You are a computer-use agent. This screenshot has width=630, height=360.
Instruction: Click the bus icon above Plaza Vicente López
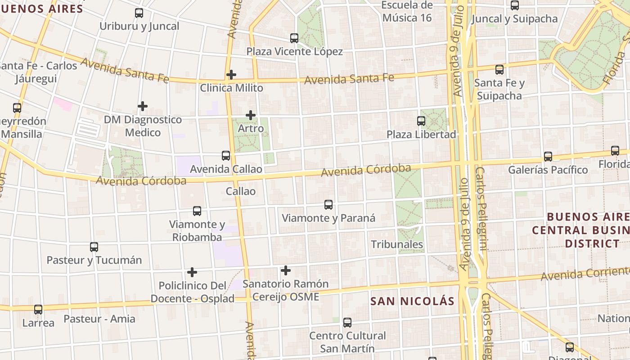(x=294, y=38)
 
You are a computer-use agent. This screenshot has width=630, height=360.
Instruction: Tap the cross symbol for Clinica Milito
(x=231, y=75)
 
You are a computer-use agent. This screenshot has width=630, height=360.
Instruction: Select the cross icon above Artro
(x=251, y=116)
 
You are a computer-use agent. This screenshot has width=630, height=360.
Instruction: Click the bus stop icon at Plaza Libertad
(x=421, y=121)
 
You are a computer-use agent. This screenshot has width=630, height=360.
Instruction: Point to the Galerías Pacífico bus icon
(x=548, y=157)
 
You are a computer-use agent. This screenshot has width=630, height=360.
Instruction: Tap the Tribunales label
(x=397, y=244)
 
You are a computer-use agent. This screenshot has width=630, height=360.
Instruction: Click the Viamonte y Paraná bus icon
(x=328, y=205)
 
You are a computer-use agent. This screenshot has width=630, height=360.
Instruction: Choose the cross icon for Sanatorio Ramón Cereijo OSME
(x=286, y=270)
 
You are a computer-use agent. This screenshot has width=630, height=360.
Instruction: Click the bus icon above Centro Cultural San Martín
(x=347, y=323)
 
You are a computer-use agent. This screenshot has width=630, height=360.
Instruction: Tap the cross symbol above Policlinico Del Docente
(x=192, y=272)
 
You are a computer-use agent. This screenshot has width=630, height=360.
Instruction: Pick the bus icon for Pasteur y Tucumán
(x=94, y=247)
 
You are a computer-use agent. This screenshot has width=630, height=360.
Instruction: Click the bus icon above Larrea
(x=38, y=310)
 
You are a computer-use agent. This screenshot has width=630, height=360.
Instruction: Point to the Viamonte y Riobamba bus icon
(x=197, y=211)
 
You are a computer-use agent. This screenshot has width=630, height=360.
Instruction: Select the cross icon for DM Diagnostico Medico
(x=143, y=106)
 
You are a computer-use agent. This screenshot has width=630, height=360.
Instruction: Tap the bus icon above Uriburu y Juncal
(x=139, y=13)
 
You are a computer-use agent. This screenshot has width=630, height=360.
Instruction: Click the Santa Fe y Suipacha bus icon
(x=499, y=70)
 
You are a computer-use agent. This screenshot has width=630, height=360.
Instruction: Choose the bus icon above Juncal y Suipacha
(x=515, y=5)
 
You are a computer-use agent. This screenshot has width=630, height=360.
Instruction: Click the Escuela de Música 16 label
(x=407, y=12)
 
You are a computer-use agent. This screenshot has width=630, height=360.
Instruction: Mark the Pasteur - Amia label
(x=99, y=319)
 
